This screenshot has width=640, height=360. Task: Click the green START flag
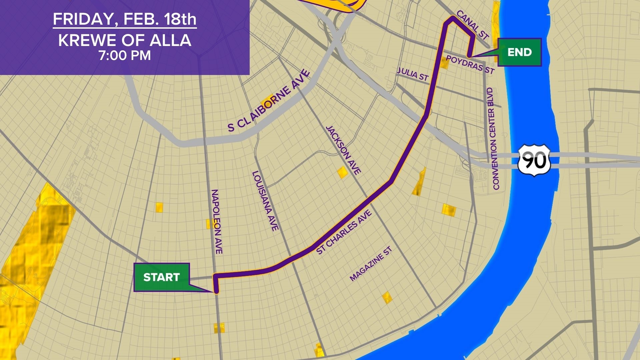tap(162, 277)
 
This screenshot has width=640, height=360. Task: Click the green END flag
tap(519, 52)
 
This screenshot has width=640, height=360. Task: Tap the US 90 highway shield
tap(534, 160)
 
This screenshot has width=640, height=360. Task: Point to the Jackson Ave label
tap(343, 150)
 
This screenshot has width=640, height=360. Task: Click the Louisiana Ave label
tap(265, 201)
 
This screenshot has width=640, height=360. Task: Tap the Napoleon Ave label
tap(217, 222)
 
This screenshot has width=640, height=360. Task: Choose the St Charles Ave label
tap(344, 232)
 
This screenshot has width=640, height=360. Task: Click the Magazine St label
tap(371, 264)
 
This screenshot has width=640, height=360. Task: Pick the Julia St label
tap(413, 74)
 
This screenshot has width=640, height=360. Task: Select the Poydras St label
tap(470, 64)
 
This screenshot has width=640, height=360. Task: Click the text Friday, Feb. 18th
tap(125, 19)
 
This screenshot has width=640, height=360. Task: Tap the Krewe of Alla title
tap(125, 40)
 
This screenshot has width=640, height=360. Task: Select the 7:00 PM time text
tap(125, 55)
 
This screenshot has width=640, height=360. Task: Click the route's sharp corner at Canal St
tap(452, 19)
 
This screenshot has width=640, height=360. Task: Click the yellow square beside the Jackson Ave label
tap(342, 172)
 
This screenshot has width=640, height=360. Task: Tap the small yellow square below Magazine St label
tap(387, 297)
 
